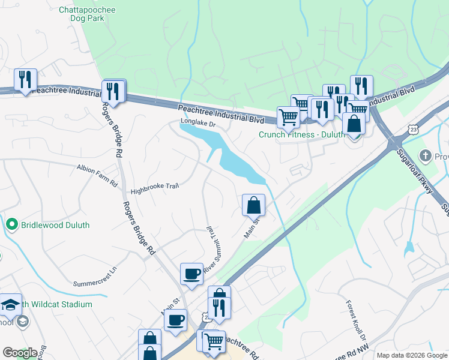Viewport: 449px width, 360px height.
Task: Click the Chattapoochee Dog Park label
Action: (x=88, y=14)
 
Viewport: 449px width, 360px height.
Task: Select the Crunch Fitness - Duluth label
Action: (x=302, y=134)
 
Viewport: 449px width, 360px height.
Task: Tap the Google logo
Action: (x=20, y=353)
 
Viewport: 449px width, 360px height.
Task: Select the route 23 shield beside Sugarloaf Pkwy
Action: (x=412, y=129)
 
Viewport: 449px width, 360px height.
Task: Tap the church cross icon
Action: (x=425, y=156)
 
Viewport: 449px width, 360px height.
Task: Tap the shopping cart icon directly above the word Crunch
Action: (x=288, y=116)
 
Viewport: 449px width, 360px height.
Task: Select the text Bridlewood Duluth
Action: (x=55, y=225)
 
